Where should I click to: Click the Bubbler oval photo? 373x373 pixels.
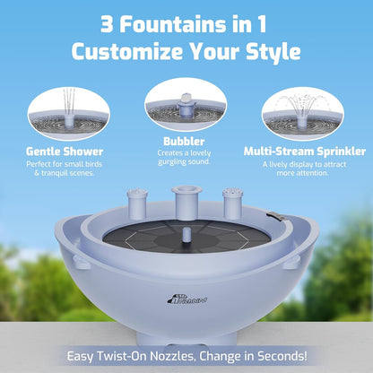coord(186,103)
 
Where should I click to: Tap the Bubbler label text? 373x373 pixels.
coord(186,142)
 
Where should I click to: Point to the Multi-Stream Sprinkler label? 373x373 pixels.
coord(303,152)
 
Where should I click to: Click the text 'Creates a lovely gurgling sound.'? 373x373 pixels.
coord(186,161)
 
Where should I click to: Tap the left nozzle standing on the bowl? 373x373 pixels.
coord(138,205)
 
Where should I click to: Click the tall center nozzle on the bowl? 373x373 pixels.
coord(186,202)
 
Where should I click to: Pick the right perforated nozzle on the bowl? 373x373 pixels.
coord(232,204)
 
